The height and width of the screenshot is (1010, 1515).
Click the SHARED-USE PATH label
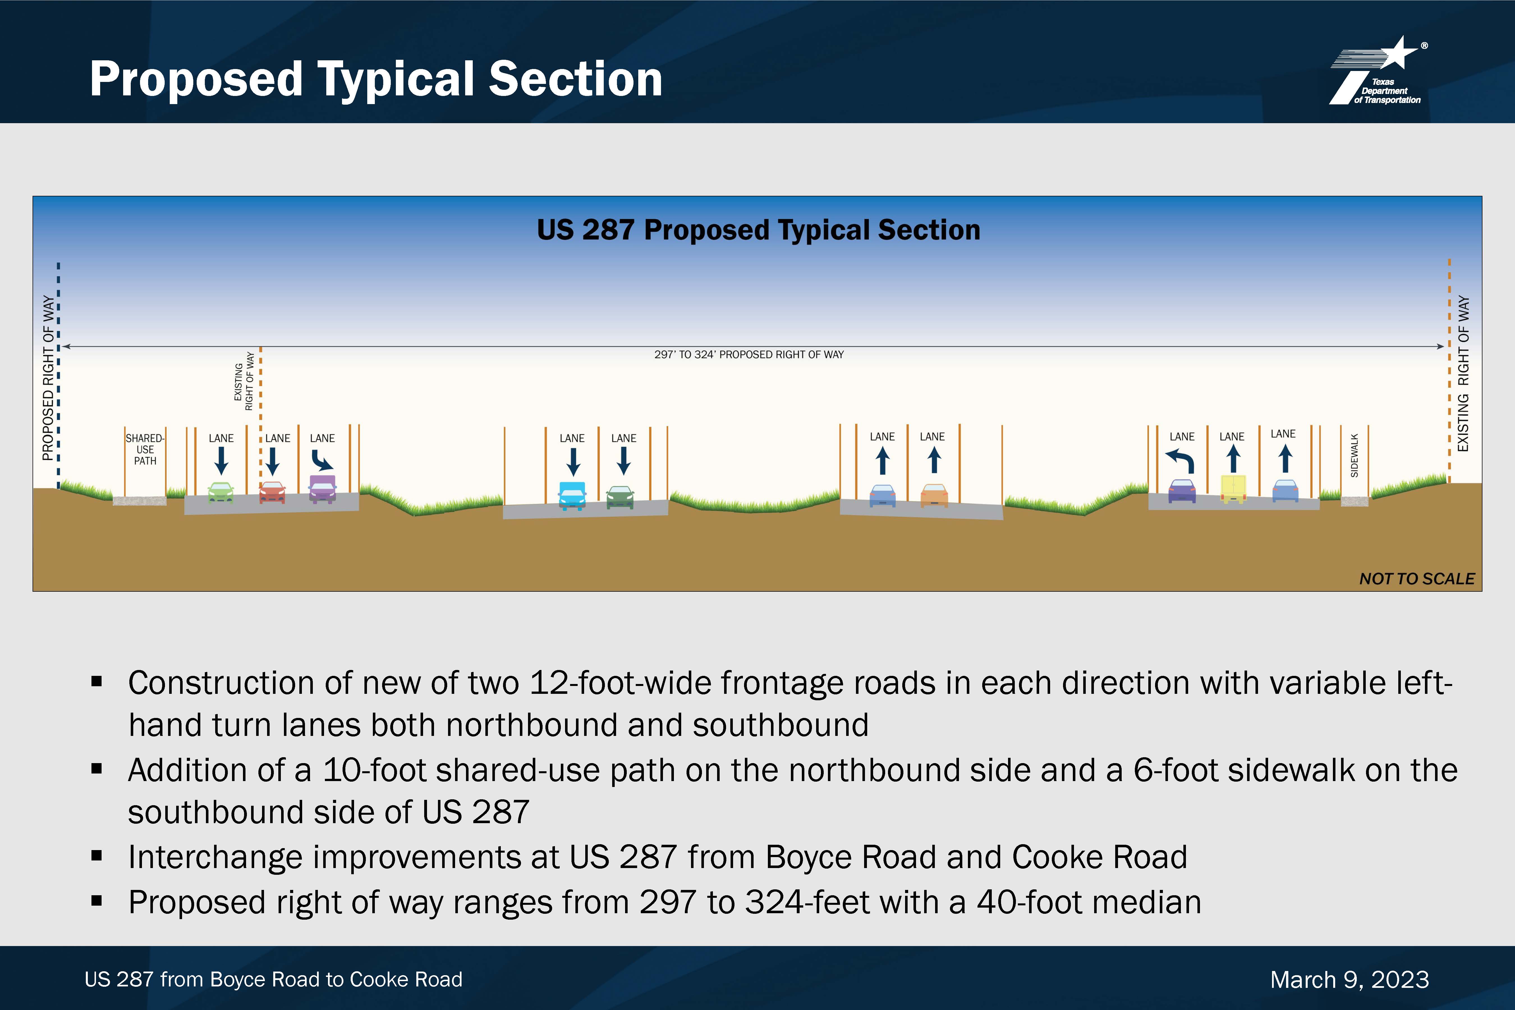[x=145, y=450]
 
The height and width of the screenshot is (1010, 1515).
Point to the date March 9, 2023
[x=1349, y=980]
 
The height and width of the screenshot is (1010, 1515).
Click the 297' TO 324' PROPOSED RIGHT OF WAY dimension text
[x=749, y=354]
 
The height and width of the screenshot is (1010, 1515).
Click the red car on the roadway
[x=272, y=493]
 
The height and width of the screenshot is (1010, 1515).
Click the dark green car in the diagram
[x=620, y=497]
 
